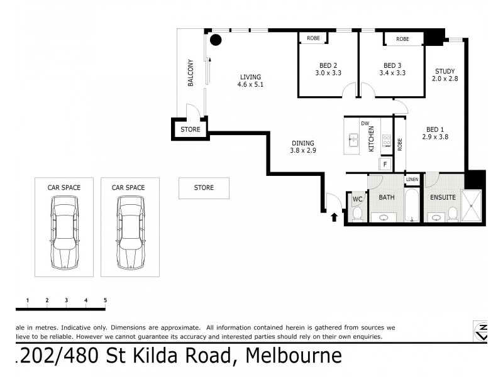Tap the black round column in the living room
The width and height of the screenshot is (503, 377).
click(x=216, y=41)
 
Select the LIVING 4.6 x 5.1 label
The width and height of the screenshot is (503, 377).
click(x=250, y=80)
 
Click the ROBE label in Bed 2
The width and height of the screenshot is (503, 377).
click(x=313, y=39)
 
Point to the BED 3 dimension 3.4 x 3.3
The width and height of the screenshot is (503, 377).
click(x=392, y=73)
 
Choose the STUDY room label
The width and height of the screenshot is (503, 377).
click(x=444, y=72)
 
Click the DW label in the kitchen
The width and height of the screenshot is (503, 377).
click(x=364, y=123)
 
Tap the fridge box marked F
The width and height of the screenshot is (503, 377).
click(x=384, y=164)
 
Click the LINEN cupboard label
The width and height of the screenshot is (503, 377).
click(x=412, y=180)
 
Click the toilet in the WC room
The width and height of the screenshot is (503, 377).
click(x=357, y=214)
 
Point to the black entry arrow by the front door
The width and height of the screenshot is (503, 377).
click(x=334, y=217)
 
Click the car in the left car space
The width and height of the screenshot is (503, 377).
click(x=65, y=231)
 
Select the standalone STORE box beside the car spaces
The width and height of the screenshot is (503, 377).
click(x=204, y=188)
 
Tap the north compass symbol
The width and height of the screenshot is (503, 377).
click(x=481, y=331)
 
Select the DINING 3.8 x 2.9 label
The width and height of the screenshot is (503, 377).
click(x=302, y=146)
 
